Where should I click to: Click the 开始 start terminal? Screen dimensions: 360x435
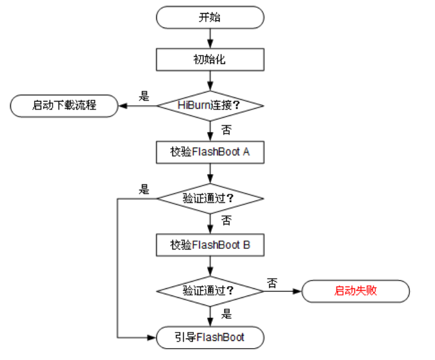[209, 17]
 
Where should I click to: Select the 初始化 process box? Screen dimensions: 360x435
[209, 60]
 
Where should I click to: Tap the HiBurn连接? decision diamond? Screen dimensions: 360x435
[209, 106]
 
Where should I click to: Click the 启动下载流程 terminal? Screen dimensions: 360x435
[64, 106]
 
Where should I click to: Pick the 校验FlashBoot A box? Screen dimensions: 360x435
[209, 152]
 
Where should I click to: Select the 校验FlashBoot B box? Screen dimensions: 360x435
[209, 245]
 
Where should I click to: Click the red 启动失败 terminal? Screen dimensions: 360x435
[356, 292]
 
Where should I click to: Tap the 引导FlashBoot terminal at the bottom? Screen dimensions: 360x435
[209, 338]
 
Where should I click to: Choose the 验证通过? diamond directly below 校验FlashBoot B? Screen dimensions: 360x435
[209, 292]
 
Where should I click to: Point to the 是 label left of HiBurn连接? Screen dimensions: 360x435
[144, 96]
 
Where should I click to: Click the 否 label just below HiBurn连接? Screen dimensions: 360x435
[226, 129]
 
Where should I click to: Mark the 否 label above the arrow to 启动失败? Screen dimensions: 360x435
[272, 282]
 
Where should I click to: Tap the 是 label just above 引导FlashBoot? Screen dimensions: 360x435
[226, 315]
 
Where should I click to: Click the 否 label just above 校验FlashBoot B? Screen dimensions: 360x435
[226, 221]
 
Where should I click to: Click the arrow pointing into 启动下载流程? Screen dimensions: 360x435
[137, 106]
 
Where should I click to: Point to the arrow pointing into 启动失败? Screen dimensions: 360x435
[283, 292]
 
